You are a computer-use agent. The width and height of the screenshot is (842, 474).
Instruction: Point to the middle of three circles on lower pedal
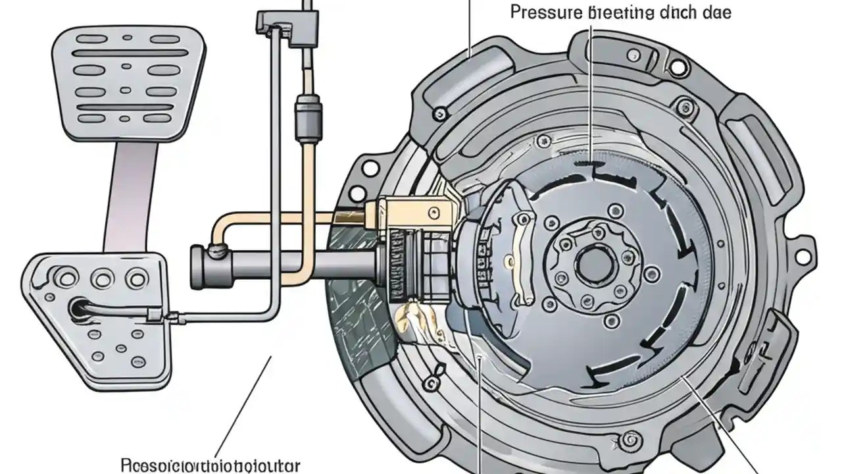(x=101, y=278)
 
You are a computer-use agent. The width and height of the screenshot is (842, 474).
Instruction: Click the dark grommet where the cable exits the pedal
(x=78, y=309)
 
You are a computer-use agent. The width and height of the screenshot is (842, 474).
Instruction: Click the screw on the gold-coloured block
(x=433, y=212)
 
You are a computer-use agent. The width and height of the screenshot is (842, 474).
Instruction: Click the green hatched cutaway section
(x=359, y=296)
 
